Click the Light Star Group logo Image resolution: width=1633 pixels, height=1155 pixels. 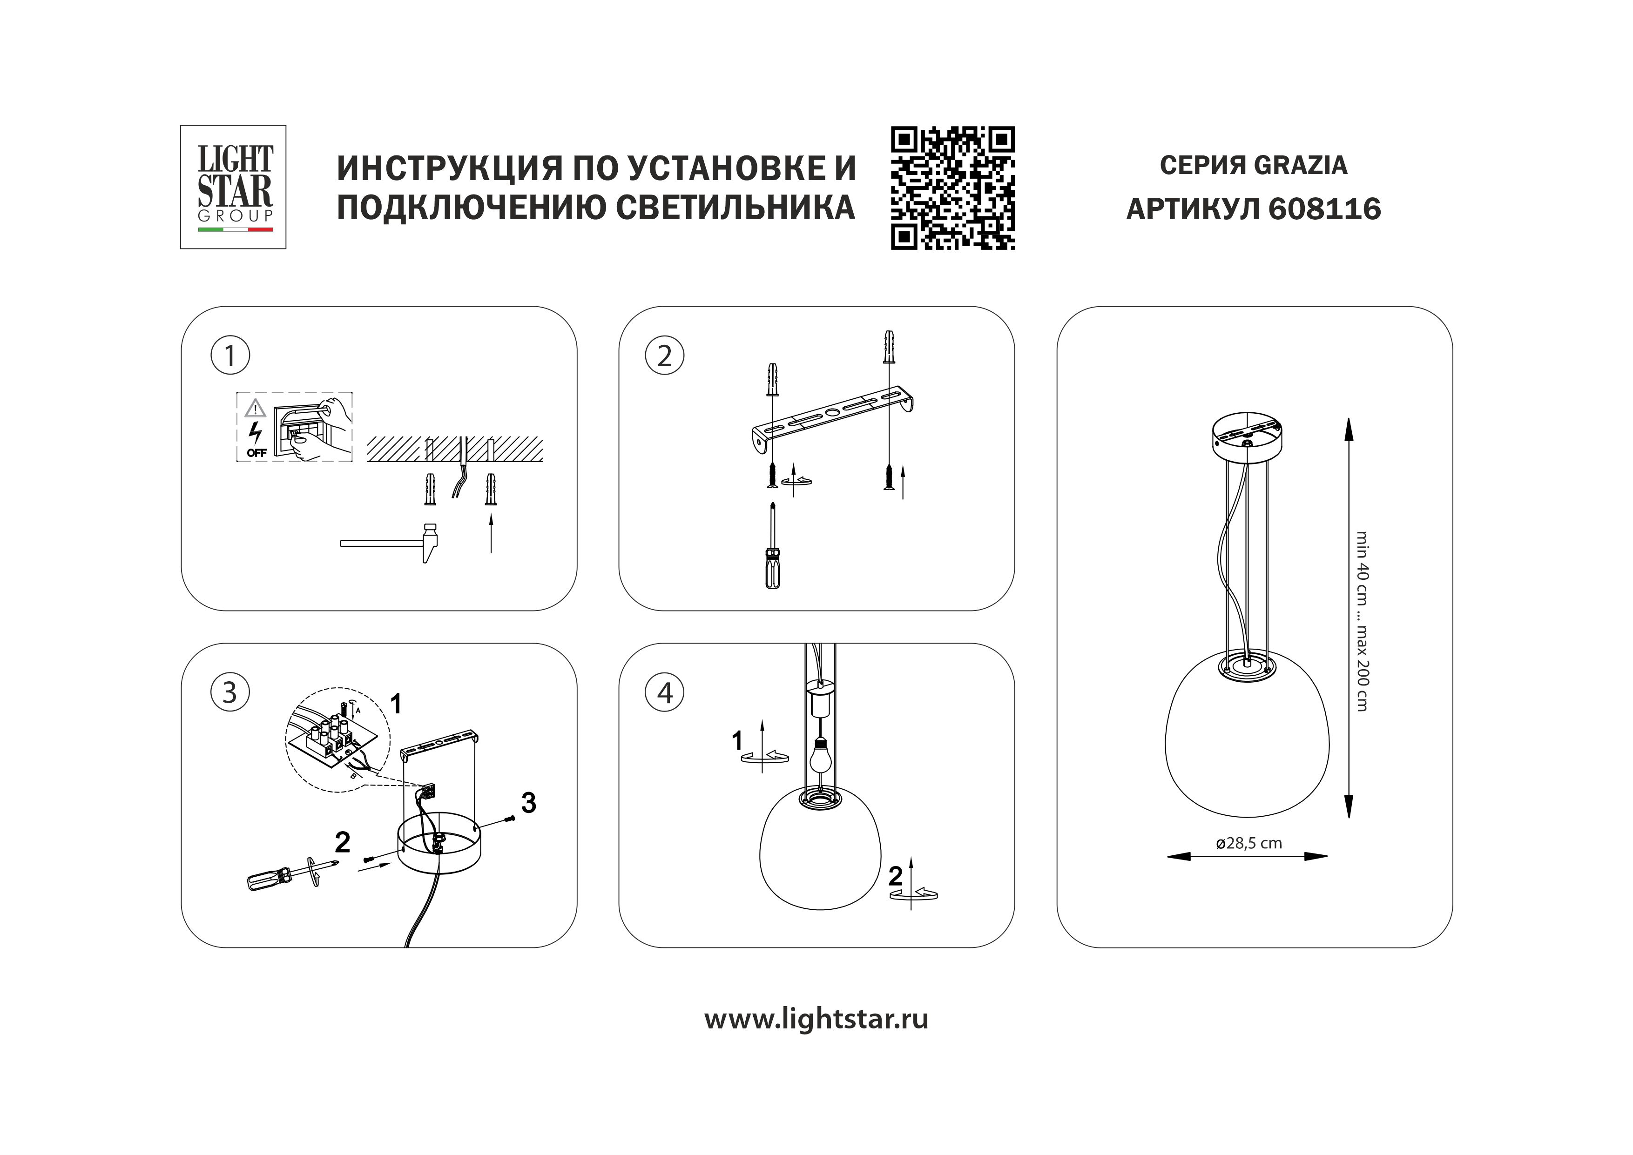[x=233, y=187]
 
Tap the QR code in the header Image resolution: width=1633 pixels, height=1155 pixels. [x=952, y=188]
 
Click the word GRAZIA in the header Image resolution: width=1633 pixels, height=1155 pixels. [x=1300, y=165]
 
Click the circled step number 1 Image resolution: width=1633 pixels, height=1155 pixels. [x=230, y=356]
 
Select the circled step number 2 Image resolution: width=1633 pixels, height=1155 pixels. [x=664, y=356]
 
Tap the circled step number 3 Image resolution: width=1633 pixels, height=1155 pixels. [x=230, y=692]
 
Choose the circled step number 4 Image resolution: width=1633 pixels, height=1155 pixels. [x=664, y=692]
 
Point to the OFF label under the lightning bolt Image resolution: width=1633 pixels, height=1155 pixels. [x=257, y=452]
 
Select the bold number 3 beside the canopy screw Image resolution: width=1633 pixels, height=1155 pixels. [x=528, y=803]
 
